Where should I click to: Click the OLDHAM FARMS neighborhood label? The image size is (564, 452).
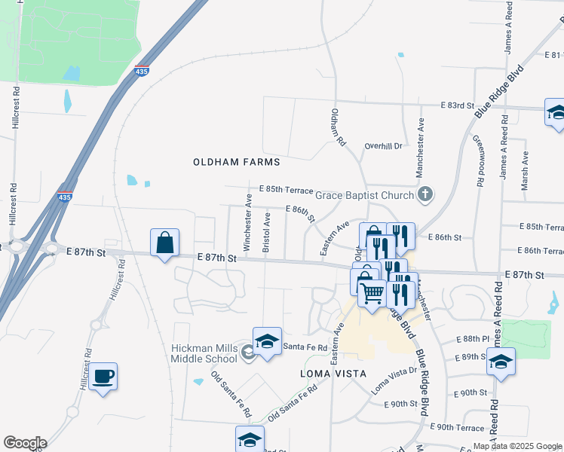[x=236, y=162]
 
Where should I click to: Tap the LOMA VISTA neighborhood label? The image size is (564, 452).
[x=333, y=374]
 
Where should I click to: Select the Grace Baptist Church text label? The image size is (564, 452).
[x=364, y=195]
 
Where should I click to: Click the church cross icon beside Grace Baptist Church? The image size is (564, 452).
[x=425, y=195]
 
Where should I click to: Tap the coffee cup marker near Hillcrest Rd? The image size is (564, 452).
[x=103, y=376]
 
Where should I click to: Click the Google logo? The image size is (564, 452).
[x=24, y=443]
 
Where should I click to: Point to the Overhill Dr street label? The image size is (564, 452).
[x=384, y=145]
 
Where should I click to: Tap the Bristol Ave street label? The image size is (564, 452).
[x=266, y=232]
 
